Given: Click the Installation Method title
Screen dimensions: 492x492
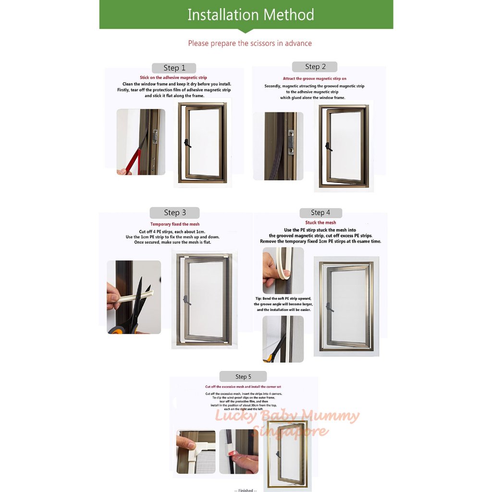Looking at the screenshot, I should tap(250, 14).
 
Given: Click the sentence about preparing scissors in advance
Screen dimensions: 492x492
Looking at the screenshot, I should tap(250, 43).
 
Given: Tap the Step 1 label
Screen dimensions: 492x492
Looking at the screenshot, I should tap(174, 68).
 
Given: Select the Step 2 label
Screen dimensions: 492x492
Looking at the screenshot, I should tap(315, 67).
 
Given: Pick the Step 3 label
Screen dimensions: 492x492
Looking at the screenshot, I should tap(174, 212).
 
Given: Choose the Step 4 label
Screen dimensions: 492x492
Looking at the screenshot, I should tap(320, 212).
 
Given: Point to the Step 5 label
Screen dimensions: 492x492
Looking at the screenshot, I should tap(243, 377).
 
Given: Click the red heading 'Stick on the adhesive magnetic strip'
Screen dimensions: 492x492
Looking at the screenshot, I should tap(173, 77).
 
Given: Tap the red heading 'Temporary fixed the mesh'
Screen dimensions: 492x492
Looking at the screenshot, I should tap(175, 224).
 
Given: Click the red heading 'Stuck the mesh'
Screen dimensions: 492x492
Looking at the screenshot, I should tap(320, 222).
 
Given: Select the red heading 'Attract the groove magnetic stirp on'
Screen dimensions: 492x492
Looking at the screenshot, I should tap(314, 78).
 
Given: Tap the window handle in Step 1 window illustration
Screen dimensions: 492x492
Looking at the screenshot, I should tap(187, 143).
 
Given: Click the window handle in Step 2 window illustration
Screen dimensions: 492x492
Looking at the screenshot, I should tap(328, 146).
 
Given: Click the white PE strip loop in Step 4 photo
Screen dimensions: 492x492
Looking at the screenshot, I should tap(284, 269).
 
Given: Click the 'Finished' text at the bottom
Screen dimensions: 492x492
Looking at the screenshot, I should tap(246, 490).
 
